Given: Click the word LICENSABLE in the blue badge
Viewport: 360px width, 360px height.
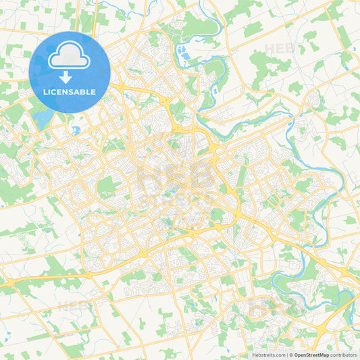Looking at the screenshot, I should pyautogui.click(x=70, y=92).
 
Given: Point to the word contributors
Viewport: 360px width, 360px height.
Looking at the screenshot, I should pyautogui.click(x=344, y=355).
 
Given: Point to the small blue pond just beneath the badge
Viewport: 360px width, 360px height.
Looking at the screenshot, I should pyautogui.click(x=76, y=130).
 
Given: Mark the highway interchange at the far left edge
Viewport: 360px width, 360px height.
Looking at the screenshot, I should pyautogui.click(x=8, y=284).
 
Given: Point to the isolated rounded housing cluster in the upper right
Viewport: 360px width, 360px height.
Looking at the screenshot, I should pyautogui.click(x=312, y=101).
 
